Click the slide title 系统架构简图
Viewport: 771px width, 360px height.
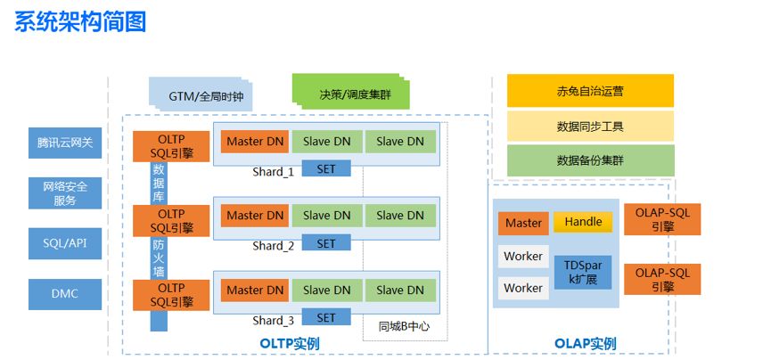80,21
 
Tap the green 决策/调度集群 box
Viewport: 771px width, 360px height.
349,92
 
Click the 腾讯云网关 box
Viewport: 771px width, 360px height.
64,143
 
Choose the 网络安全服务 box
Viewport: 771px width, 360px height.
64,192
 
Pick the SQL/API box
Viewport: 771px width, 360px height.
64,242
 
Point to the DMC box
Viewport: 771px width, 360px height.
64,293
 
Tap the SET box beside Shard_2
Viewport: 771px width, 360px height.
326,243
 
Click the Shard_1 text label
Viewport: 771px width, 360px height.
273,171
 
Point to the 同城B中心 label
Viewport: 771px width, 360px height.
404,326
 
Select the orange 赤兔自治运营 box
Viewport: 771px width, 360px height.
589,91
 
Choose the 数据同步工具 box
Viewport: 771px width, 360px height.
589,126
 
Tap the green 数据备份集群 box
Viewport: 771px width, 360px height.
589,160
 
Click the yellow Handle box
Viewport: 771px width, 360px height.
583,222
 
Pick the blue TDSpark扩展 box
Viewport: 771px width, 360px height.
583,272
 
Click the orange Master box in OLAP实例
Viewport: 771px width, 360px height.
523,224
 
